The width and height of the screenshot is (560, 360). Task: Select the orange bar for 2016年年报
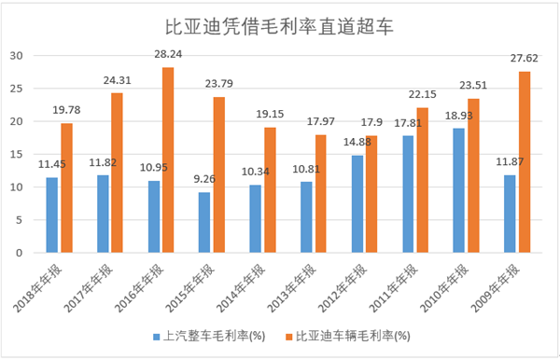click(x=168, y=159)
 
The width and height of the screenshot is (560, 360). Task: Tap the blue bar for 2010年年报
click(x=458, y=190)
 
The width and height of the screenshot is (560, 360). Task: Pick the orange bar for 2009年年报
click(x=525, y=161)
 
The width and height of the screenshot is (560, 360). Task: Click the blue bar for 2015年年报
click(x=204, y=222)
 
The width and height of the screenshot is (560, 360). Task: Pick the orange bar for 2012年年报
click(x=371, y=194)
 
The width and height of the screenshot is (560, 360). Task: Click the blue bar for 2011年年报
click(x=408, y=194)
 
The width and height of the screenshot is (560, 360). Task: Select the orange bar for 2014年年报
click(x=270, y=189)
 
